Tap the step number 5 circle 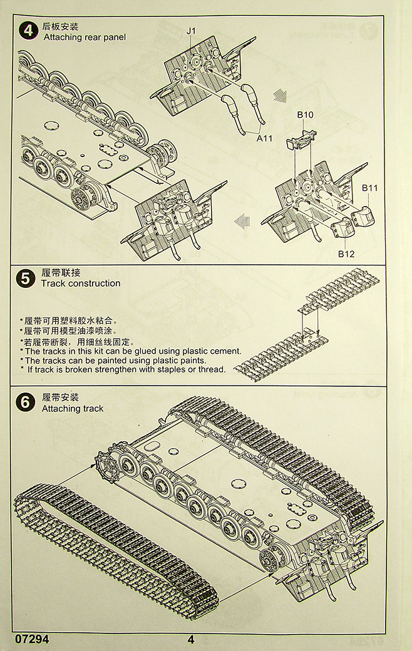click(x=25, y=278)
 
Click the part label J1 click(x=192, y=30)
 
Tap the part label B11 click(x=370, y=188)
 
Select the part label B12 click(x=346, y=254)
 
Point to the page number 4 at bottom click(x=191, y=640)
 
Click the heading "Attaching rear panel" click(x=85, y=38)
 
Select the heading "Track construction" click(x=80, y=284)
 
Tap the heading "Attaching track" click(x=73, y=409)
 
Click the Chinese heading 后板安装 click(x=60, y=27)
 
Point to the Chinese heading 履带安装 click(x=61, y=398)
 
